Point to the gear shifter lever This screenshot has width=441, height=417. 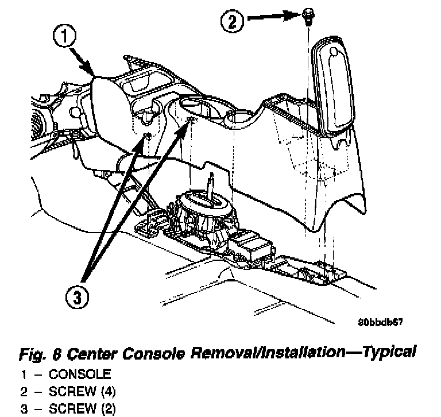pyautogui.click(x=212, y=187)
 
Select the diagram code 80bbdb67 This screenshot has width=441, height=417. pyautogui.click(x=380, y=322)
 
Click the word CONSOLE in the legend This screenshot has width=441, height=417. pyautogui.click(x=80, y=374)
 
